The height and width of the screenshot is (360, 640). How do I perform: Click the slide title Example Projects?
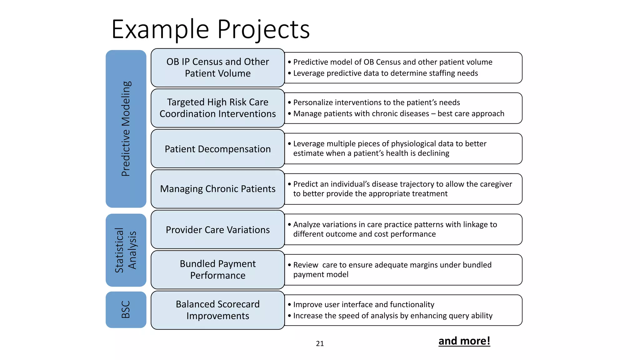coord(210,29)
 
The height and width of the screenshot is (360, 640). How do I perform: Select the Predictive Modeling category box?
coord(126,129)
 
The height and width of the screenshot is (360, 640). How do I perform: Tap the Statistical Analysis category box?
coord(126,250)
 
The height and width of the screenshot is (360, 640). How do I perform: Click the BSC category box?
coord(126,309)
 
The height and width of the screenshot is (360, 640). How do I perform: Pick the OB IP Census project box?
coord(217,67)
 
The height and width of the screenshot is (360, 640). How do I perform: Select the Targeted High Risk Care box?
coord(217,108)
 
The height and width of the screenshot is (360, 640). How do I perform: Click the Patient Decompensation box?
coord(217,149)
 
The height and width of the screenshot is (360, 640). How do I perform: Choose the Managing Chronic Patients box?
coord(217,189)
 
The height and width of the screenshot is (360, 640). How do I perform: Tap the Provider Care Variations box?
coord(217,230)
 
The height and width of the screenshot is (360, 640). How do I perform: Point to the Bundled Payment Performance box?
coord(217,269)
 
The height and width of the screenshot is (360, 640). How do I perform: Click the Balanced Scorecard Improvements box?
coord(217,310)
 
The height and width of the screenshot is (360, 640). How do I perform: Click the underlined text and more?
coord(464,341)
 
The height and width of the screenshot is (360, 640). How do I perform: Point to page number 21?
coord(320,343)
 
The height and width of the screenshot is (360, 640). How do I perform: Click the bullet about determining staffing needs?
coord(385,73)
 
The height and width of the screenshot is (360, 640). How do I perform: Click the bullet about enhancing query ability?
coord(392,316)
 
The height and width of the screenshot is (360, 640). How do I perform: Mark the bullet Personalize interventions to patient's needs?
coord(376,102)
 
